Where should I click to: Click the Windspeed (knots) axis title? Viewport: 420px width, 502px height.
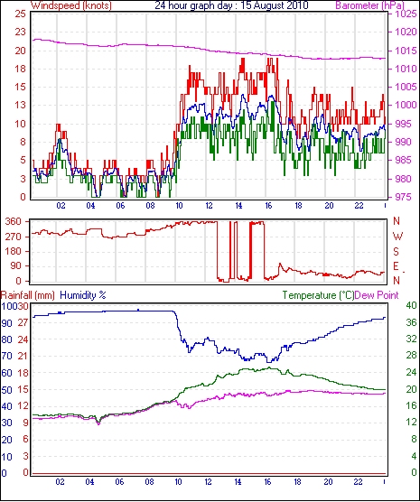click(71, 5)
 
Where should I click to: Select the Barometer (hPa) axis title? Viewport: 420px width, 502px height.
click(369, 5)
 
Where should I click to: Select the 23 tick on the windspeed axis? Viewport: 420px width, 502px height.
click(20, 32)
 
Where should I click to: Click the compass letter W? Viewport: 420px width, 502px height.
click(397, 237)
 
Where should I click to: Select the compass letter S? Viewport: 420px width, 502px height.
click(396, 252)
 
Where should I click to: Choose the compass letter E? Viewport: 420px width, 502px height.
click(396, 266)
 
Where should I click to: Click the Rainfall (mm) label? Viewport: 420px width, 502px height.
click(28, 295)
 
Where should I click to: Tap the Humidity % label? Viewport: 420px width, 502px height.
click(83, 295)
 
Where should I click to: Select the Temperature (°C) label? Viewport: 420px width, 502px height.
click(318, 295)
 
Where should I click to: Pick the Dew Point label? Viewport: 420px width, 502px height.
click(377, 295)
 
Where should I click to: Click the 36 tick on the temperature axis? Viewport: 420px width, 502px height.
click(411, 322)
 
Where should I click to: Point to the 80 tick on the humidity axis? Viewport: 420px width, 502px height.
click(6, 339)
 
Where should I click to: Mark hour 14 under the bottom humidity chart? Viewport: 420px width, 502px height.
click(238, 482)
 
